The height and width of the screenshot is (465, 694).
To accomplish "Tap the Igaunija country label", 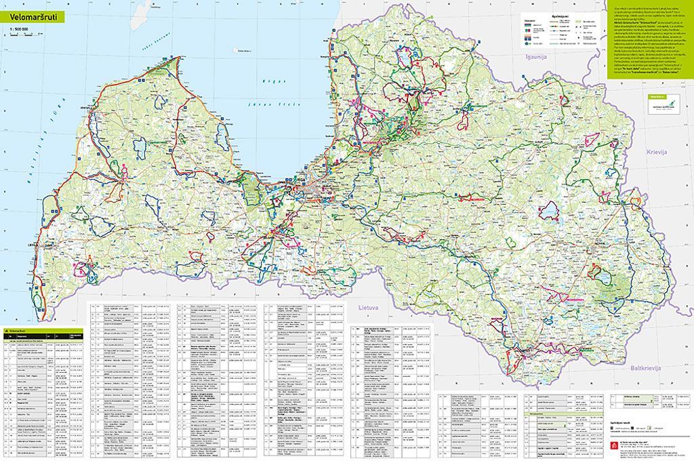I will click(x=532, y=58).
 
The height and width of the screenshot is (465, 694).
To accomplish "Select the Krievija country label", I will click(x=657, y=153).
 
